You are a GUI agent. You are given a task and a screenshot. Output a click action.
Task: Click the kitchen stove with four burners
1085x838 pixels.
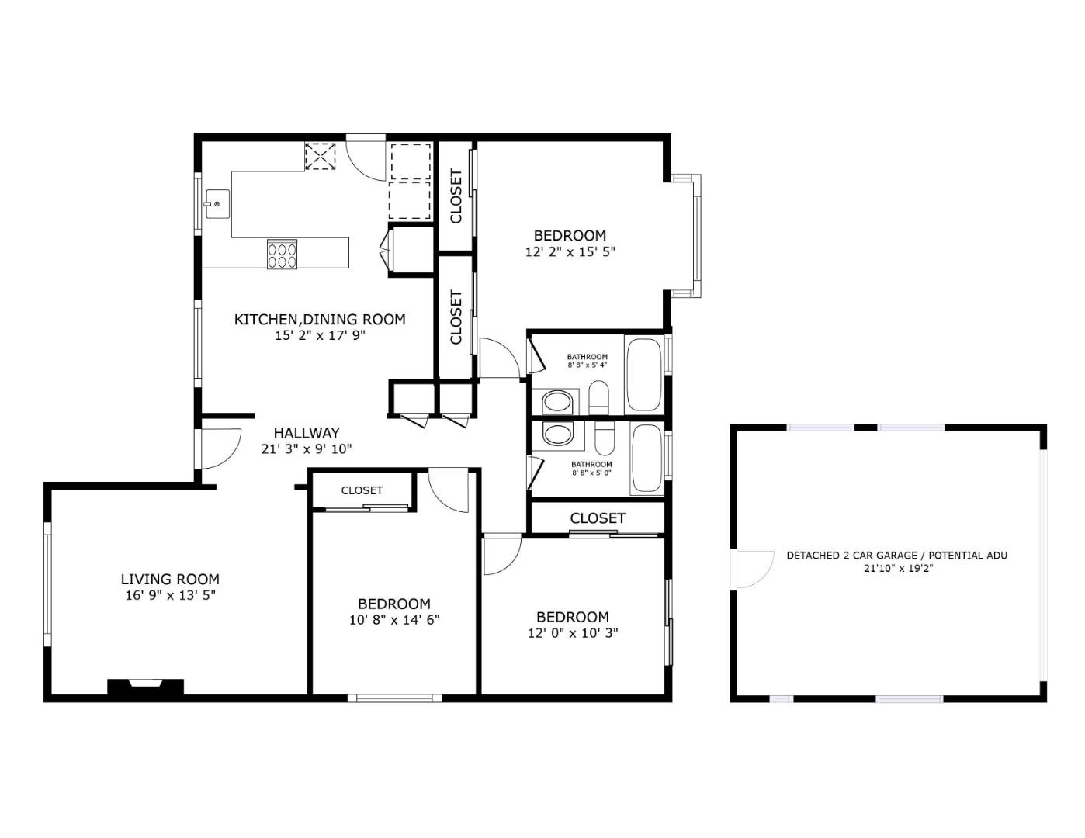(283, 255)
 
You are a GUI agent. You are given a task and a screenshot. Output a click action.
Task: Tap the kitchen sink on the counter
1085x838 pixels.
(217, 204)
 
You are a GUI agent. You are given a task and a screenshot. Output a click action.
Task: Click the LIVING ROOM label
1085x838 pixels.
(170, 579)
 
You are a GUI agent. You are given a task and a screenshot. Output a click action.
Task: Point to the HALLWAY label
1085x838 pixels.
(307, 433)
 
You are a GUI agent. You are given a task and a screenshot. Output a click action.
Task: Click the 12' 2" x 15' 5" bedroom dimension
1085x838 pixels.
(570, 251)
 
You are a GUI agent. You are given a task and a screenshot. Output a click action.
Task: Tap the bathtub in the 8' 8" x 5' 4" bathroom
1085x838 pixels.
(644, 373)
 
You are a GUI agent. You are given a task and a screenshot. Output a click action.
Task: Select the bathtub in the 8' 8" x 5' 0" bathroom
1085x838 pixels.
(646, 459)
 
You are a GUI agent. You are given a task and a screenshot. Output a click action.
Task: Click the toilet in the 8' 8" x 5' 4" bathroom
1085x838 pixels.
(599, 399)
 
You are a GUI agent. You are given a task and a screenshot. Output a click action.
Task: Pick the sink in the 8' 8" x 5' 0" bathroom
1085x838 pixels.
(557, 434)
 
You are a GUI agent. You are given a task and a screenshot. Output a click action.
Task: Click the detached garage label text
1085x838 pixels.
(896, 556)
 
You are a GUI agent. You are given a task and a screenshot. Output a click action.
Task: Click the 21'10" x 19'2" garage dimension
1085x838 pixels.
(897, 568)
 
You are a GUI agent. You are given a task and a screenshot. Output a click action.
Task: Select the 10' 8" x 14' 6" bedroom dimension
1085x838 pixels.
(394, 619)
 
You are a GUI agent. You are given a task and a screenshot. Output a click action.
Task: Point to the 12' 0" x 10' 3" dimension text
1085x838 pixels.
(573, 632)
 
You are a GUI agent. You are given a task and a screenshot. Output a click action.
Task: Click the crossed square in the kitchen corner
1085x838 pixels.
(320, 156)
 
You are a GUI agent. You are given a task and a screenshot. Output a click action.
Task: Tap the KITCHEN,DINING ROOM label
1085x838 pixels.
(320, 319)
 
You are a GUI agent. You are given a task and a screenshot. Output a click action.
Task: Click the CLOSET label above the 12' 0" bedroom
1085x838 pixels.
(598, 518)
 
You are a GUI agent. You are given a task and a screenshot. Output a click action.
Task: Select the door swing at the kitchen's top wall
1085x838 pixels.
(366, 158)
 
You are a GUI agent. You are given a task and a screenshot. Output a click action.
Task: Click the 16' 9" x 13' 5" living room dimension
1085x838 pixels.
(170, 595)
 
